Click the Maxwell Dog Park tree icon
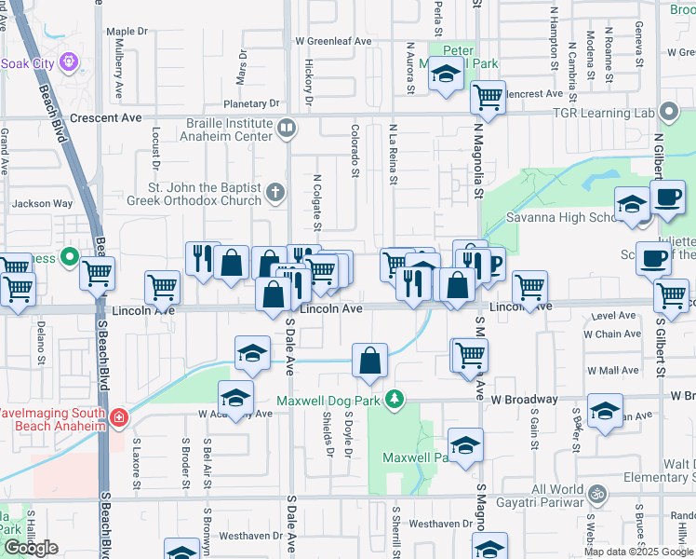(x=395, y=400)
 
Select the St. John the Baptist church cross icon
(x=274, y=193)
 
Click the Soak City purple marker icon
(x=68, y=62)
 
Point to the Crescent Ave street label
(x=104, y=118)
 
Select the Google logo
(x=31, y=548)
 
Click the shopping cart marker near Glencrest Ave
(x=488, y=96)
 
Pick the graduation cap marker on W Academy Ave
(x=236, y=398)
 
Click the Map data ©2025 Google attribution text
(x=637, y=552)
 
